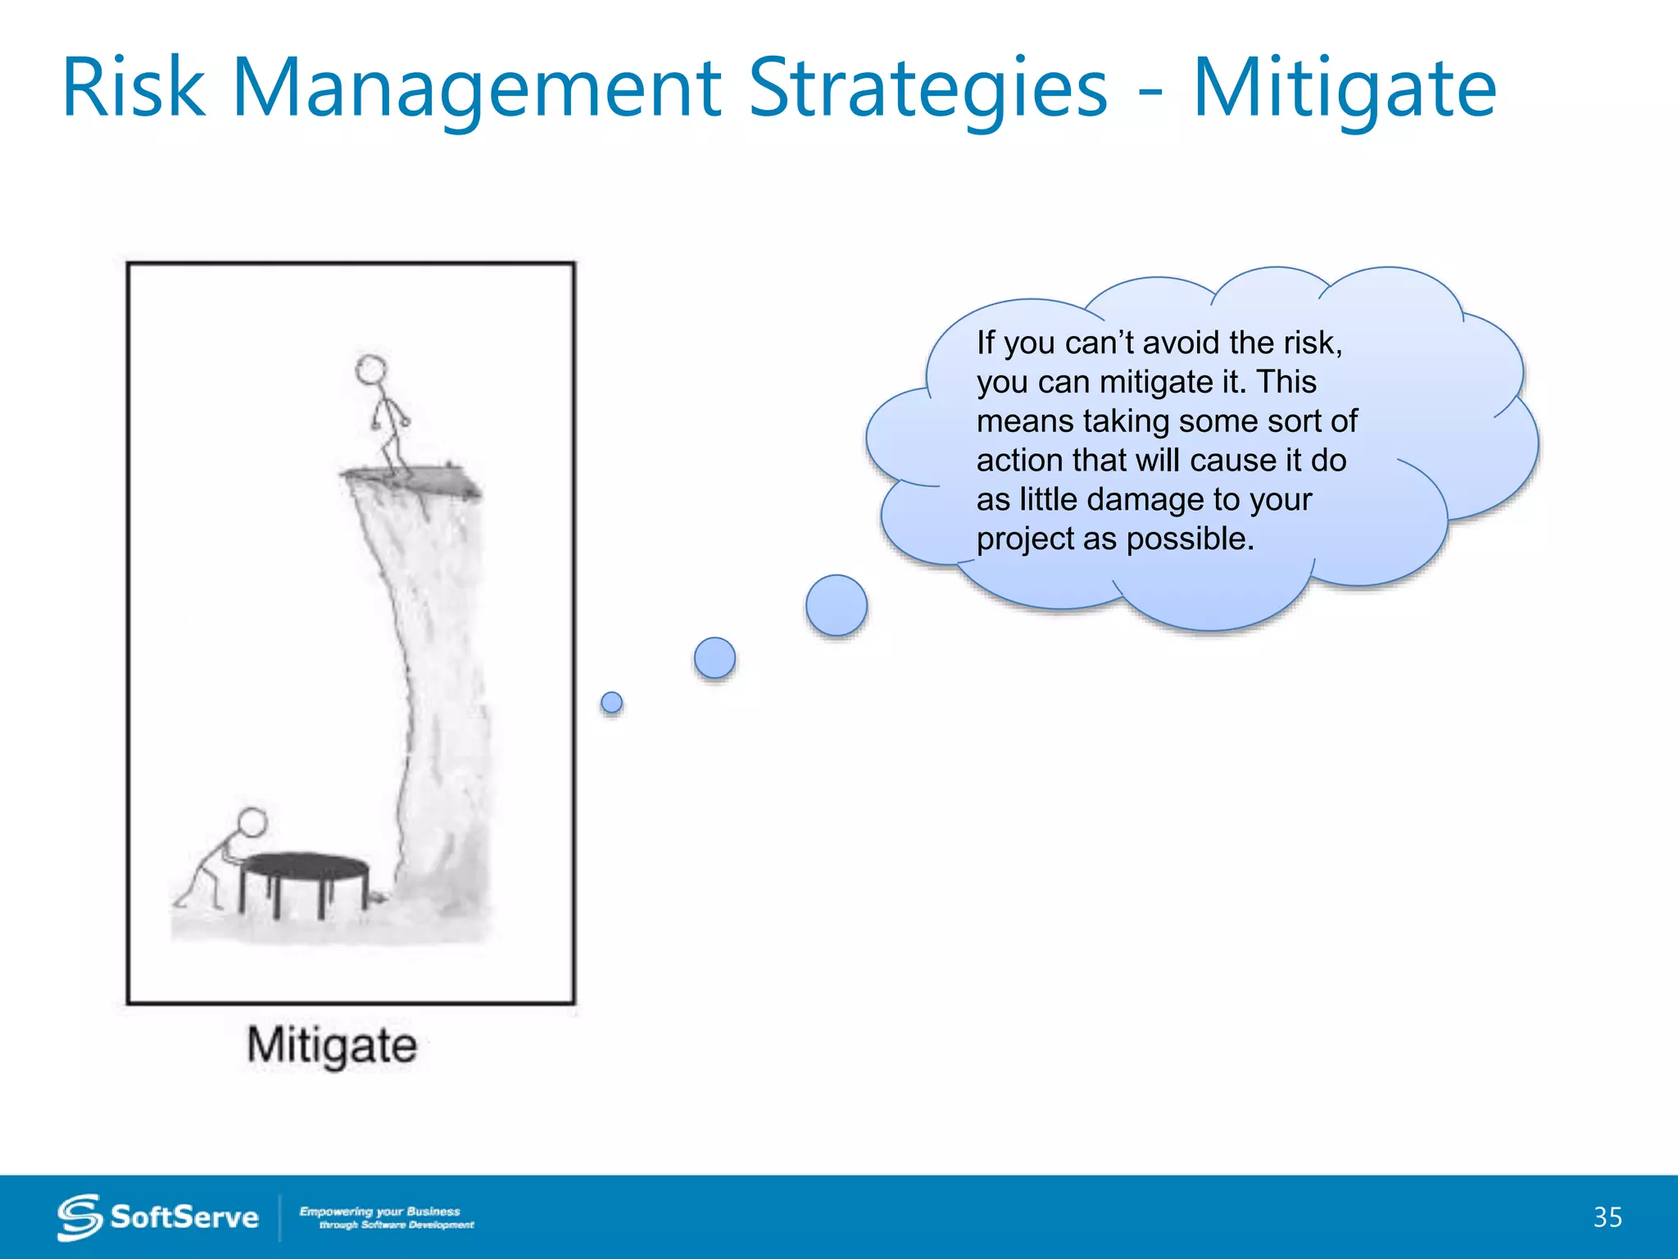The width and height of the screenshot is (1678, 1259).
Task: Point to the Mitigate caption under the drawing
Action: (x=332, y=1046)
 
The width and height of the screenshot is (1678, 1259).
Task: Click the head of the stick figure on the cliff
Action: (x=371, y=370)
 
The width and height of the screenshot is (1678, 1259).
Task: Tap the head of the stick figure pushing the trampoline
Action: (x=252, y=822)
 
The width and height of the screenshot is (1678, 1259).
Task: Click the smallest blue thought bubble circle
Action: (x=611, y=702)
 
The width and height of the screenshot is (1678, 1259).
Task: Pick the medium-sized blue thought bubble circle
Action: (x=714, y=657)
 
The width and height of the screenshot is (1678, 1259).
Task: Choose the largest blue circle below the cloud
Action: (x=836, y=606)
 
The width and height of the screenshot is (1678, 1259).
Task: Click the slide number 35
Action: (x=1607, y=1217)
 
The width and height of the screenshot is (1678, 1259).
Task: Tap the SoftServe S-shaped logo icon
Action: (x=79, y=1217)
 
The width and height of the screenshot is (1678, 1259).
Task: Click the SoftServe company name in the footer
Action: (x=184, y=1217)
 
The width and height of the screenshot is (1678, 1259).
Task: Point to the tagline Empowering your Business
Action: (x=379, y=1211)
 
